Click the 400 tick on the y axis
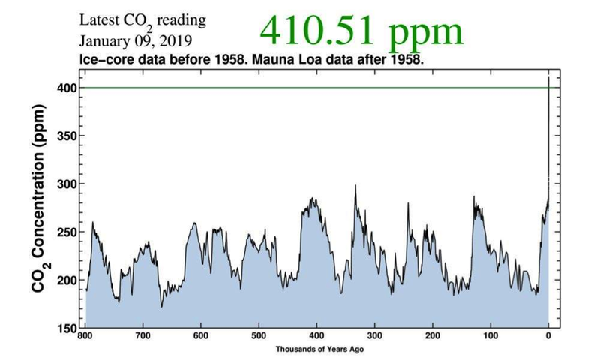point(67,88)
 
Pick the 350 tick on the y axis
point(67,136)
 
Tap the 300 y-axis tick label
point(67,184)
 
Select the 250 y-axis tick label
point(67,232)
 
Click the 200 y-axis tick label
point(67,280)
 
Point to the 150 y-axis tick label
point(67,328)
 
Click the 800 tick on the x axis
point(86,337)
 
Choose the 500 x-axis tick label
point(259,337)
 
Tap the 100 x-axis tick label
point(490,337)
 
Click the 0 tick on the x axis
point(548,337)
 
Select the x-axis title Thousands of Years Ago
point(317,349)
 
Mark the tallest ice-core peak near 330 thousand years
point(355,185)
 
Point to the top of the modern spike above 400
point(548,77)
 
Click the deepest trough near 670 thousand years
point(161,306)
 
